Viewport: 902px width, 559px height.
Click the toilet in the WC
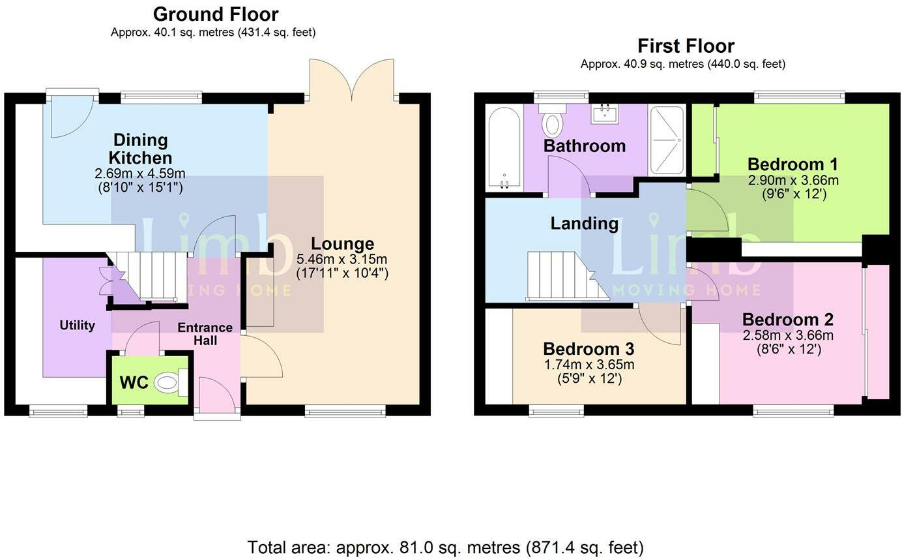(171, 382)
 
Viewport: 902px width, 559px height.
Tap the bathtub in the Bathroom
(504, 148)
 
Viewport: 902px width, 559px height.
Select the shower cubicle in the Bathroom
(667, 140)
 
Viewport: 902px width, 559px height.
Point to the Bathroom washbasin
(605, 113)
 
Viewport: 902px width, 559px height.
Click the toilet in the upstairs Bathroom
(553, 120)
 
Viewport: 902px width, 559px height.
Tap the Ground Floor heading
(216, 14)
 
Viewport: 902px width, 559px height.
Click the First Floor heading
(686, 46)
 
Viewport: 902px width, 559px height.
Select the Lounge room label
(343, 243)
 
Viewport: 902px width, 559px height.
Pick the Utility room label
(78, 325)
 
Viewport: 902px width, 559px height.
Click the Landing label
(585, 223)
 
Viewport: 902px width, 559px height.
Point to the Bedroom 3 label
(589, 348)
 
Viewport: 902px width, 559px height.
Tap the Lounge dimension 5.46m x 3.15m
(342, 259)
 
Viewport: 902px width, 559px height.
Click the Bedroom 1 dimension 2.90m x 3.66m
(793, 180)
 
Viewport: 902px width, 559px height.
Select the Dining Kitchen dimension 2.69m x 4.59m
(140, 174)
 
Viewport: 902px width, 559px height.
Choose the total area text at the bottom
(445, 547)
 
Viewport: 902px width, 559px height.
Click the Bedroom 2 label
(788, 320)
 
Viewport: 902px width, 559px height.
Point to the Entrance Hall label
(205, 334)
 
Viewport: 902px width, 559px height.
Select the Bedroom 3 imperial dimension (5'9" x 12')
(590, 378)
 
